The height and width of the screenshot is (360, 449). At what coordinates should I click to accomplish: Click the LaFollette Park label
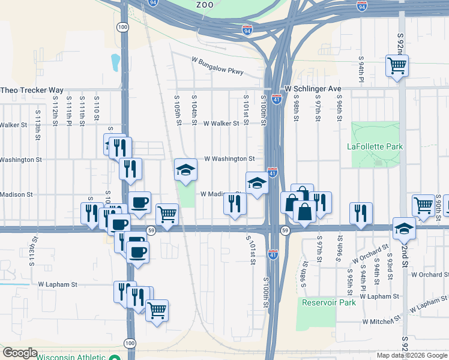(375, 146)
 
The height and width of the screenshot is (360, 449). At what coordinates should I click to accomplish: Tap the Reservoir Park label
(328, 302)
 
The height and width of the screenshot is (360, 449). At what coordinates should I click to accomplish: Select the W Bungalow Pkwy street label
(218, 65)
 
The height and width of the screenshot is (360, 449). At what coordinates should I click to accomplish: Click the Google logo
(20, 353)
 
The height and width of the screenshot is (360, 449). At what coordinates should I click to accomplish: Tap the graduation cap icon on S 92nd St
(404, 227)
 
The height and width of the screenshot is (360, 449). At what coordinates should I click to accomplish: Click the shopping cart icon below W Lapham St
(157, 310)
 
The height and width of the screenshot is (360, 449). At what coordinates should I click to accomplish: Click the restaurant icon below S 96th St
(361, 213)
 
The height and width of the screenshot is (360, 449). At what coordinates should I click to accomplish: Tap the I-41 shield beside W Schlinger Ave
(276, 99)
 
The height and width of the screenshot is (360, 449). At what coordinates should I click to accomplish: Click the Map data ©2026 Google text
(412, 355)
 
